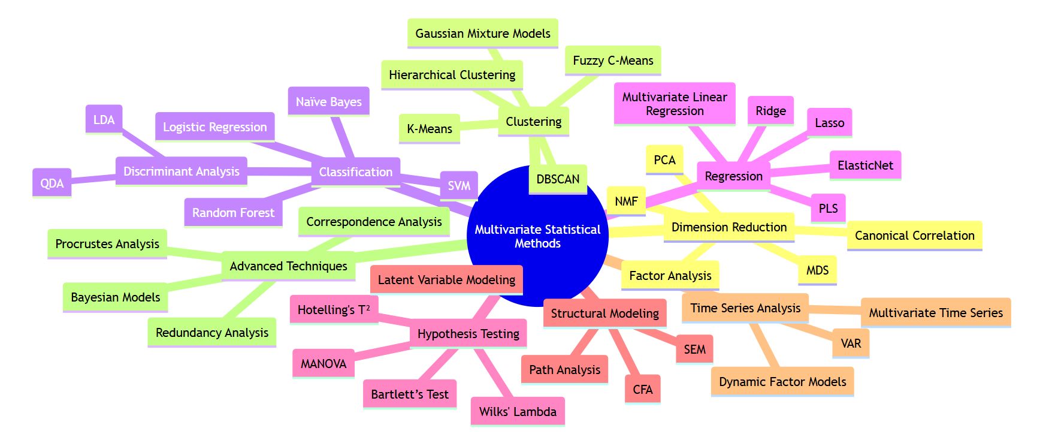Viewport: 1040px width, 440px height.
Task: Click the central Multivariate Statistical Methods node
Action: point(537,236)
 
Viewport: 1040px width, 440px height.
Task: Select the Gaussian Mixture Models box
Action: point(483,34)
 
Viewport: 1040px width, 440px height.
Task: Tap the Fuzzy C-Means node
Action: point(613,61)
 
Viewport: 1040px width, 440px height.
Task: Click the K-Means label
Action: point(430,129)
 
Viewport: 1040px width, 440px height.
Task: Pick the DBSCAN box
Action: point(558,179)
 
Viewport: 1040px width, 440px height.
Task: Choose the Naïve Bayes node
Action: point(328,102)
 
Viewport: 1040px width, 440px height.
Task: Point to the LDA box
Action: point(104,120)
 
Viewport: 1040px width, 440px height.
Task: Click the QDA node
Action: point(52,183)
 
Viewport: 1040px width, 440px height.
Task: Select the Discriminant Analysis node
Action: point(182,171)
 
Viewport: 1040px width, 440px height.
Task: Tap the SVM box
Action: point(459,186)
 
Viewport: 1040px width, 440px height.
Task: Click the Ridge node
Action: point(770,111)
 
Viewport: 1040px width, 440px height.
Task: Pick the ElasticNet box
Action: point(865,165)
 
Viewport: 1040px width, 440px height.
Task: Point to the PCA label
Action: point(664,160)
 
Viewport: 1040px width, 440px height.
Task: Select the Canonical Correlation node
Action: point(915,236)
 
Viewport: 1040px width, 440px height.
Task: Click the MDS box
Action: point(817,270)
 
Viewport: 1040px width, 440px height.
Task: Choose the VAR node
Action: point(851,343)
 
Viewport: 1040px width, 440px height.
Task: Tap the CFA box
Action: point(642,390)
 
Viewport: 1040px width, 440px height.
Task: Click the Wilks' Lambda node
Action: point(518,412)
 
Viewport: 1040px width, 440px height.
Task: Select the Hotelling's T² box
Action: point(334,310)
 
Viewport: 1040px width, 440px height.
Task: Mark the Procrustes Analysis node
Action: point(107,244)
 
